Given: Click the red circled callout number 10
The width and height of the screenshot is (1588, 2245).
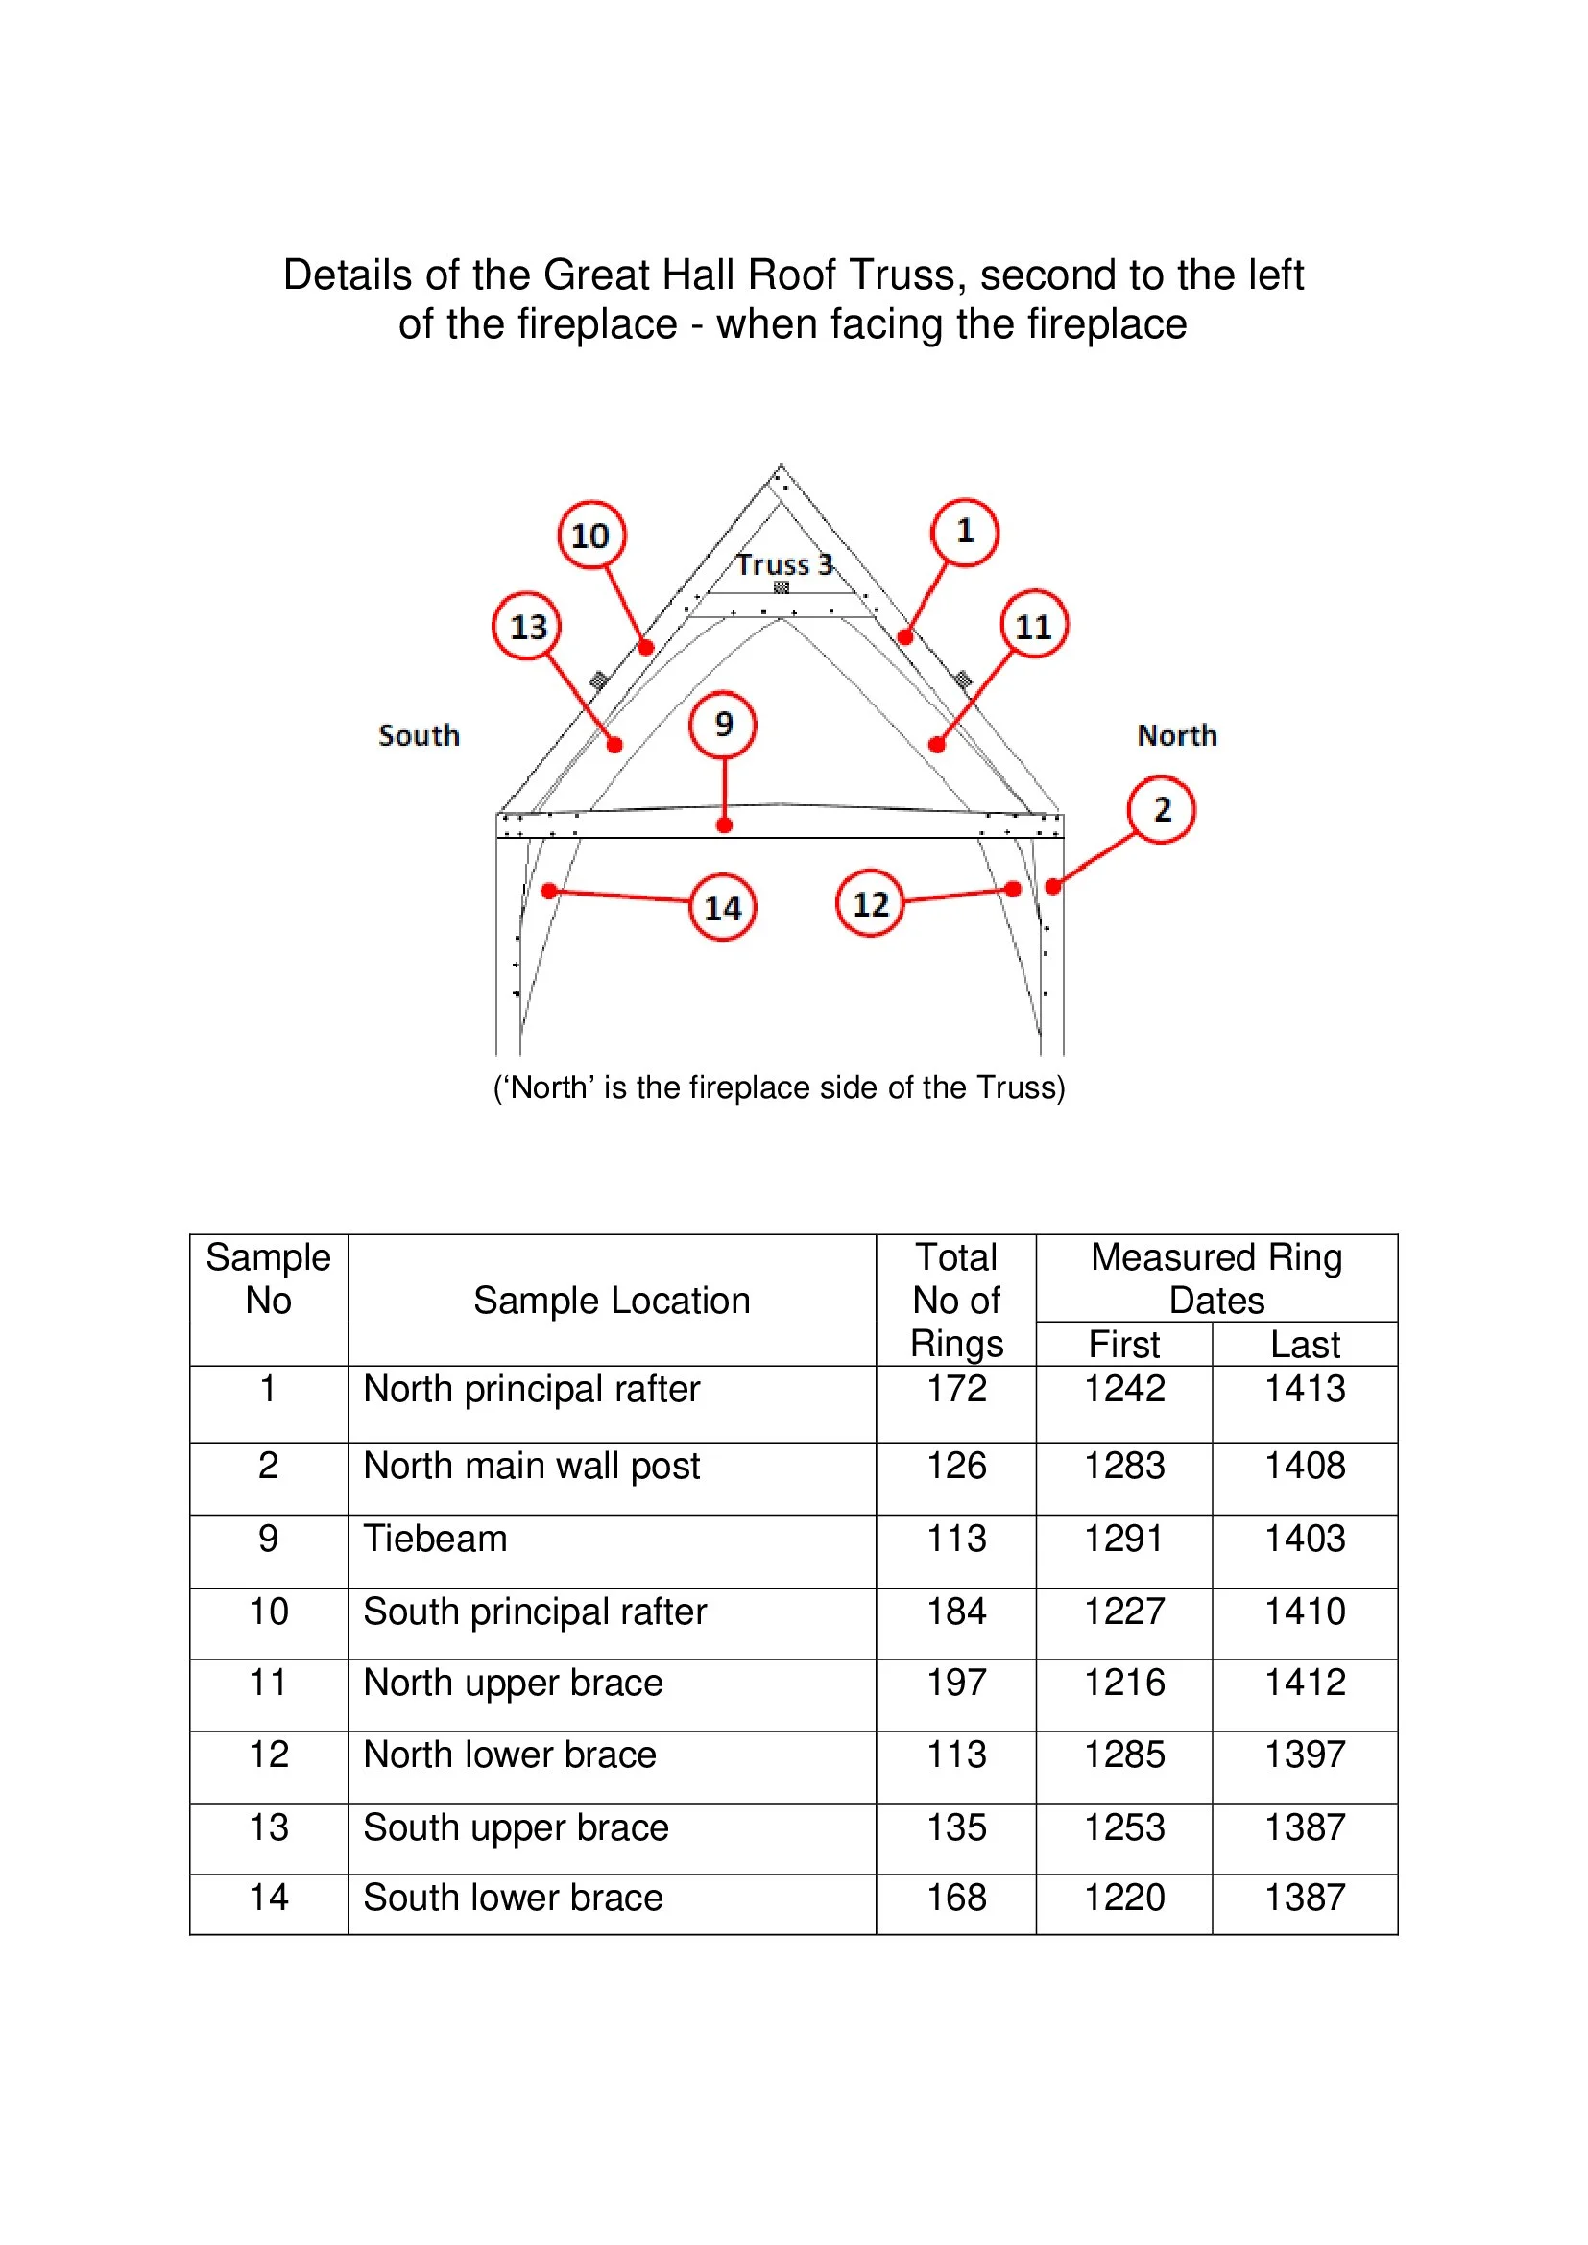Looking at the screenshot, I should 590,535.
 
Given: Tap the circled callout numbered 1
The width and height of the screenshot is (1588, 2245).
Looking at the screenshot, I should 964,532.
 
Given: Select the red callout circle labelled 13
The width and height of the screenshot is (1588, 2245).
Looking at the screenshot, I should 527,626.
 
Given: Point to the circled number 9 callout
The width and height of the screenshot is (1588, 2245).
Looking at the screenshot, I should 723,725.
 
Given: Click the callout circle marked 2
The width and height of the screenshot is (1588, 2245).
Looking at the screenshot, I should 1161,810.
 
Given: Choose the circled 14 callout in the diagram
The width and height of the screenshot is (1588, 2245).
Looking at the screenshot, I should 723,907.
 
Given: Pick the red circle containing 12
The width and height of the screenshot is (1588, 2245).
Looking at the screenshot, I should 869,903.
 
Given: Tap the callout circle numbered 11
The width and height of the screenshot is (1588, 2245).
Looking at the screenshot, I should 1034,625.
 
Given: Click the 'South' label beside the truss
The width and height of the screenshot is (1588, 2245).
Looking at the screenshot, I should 419,735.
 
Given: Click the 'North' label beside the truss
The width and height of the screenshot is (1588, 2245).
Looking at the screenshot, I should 1176,735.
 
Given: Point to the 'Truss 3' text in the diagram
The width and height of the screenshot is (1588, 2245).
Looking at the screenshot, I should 784,565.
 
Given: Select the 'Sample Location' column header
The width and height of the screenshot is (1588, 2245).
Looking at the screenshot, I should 612,1301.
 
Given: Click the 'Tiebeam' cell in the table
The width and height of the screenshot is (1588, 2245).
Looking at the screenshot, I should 435,1539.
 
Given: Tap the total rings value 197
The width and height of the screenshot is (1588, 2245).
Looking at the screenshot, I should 956,1683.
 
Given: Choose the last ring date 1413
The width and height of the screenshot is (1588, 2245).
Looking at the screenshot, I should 1305,1389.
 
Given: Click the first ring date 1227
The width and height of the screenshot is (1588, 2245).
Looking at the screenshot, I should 1124,1612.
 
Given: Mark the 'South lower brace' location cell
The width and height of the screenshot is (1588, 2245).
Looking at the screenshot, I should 514,1898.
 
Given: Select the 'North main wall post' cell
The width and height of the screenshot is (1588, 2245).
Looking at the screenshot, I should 531,1466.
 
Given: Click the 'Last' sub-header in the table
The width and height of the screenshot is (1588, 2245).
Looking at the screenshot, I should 1305,1345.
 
